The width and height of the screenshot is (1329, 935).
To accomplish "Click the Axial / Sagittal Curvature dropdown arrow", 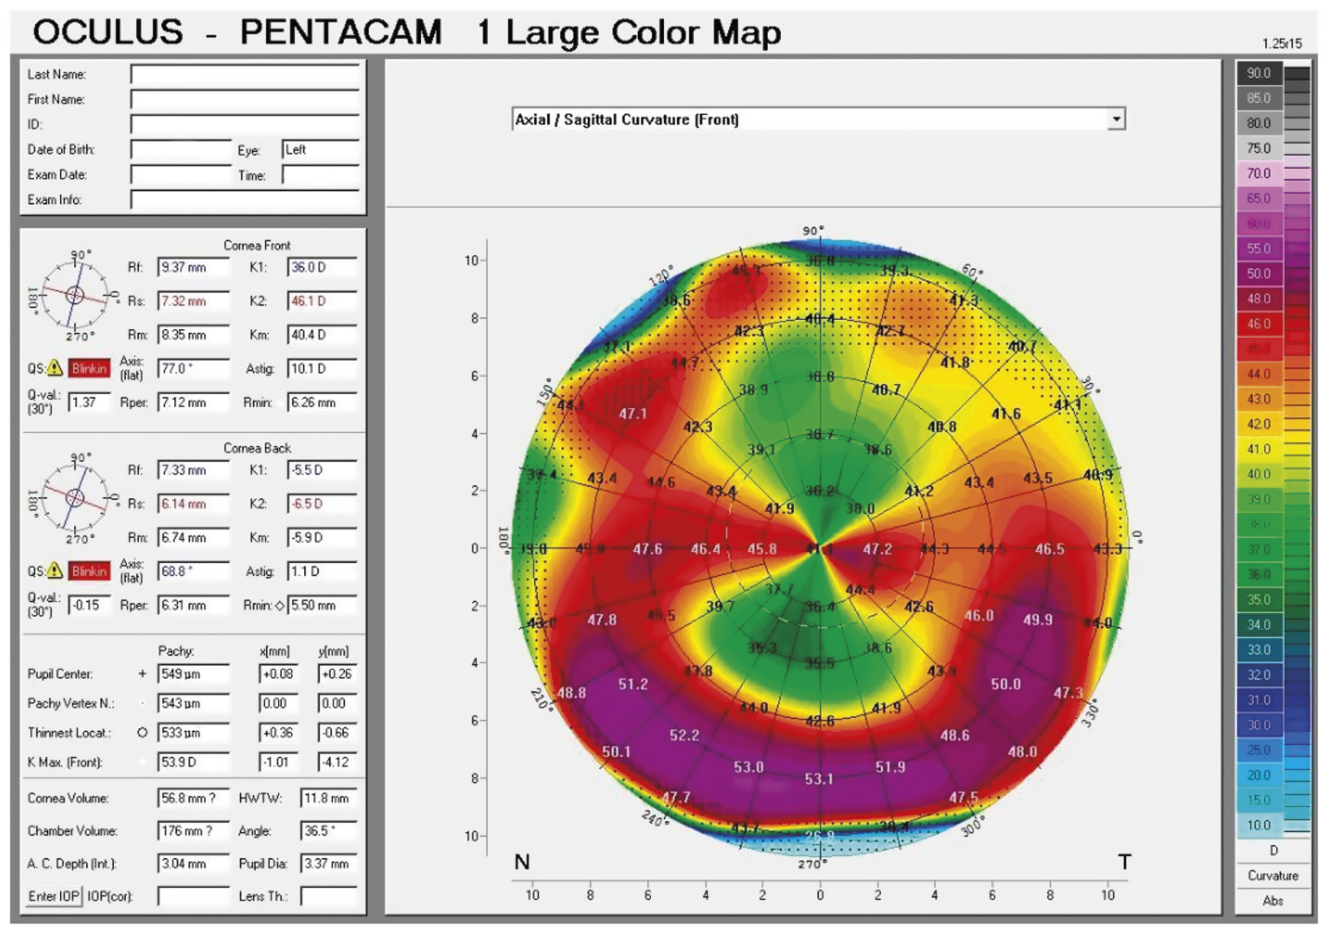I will [x=1116, y=119].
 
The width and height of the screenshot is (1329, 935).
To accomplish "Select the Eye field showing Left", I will [x=319, y=150].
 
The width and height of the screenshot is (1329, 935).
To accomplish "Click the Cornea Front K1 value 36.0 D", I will [x=321, y=268].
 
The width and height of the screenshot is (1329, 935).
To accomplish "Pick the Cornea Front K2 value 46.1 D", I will [x=321, y=301].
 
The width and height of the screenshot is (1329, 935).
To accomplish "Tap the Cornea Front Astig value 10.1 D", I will [x=321, y=369].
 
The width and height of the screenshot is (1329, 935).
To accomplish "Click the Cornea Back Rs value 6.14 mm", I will [x=193, y=504].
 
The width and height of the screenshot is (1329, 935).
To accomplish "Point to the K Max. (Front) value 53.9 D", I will [x=193, y=762].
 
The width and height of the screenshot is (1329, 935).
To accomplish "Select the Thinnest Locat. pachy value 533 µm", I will [x=193, y=732].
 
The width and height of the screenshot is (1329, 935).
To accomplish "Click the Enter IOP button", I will [x=54, y=896].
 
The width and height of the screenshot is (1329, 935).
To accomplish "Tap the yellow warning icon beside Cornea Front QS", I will [x=55, y=368].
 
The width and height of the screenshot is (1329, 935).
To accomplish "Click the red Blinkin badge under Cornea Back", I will [x=89, y=571].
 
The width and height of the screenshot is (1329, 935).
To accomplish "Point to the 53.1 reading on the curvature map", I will [x=819, y=779].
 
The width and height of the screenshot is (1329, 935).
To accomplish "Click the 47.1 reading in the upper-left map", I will [x=632, y=414].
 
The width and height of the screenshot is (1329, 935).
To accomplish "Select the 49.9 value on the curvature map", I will [x=1037, y=619].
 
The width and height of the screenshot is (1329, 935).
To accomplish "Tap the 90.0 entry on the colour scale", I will [x=1258, y=73].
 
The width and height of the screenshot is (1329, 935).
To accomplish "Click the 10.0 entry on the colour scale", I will [x=1258, y=825].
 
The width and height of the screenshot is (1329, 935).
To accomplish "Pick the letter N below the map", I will [x=522, y=862].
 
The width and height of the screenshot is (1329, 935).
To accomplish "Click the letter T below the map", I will [x=1124, y=862].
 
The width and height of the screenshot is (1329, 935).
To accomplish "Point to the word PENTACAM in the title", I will [x=341, y=32].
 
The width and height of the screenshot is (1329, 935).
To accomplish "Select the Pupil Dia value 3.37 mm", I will [x=328, y=864].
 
